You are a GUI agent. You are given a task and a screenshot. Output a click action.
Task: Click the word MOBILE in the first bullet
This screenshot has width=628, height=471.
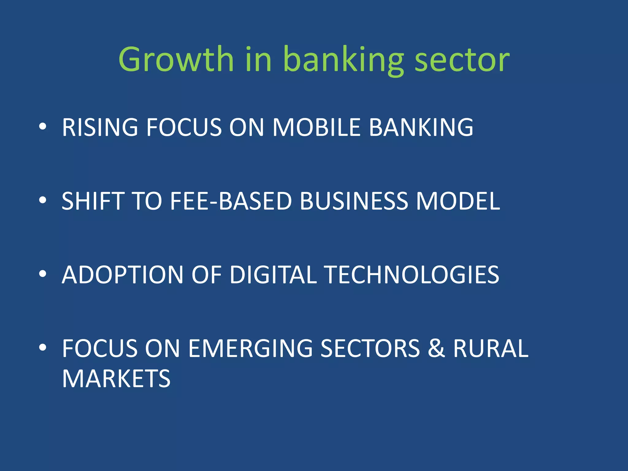(316, 127)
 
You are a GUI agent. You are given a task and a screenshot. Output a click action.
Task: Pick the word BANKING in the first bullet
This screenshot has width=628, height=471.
(421, 127)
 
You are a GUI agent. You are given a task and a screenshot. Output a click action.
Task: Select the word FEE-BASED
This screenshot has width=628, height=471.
(231, 201)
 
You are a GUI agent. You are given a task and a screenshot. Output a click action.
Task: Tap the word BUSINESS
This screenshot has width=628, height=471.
(354, 201)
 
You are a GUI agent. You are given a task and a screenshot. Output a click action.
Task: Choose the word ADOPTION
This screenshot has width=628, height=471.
(123, 275)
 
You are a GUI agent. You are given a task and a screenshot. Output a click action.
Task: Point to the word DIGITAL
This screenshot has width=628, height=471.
(273, 275)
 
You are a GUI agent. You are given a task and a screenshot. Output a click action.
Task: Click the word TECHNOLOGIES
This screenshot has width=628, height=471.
(412, 275)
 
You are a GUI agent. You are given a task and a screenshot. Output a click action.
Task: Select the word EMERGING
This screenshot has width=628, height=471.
(250, 348)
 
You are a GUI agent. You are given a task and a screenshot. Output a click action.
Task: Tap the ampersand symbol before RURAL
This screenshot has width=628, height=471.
(436, 348)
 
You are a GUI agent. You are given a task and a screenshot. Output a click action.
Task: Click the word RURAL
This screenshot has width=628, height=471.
(491, 348)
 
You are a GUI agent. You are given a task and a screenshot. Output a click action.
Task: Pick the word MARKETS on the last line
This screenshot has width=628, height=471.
(116, 379)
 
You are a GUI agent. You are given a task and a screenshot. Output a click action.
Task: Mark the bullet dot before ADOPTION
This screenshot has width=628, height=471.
(43, 274)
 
